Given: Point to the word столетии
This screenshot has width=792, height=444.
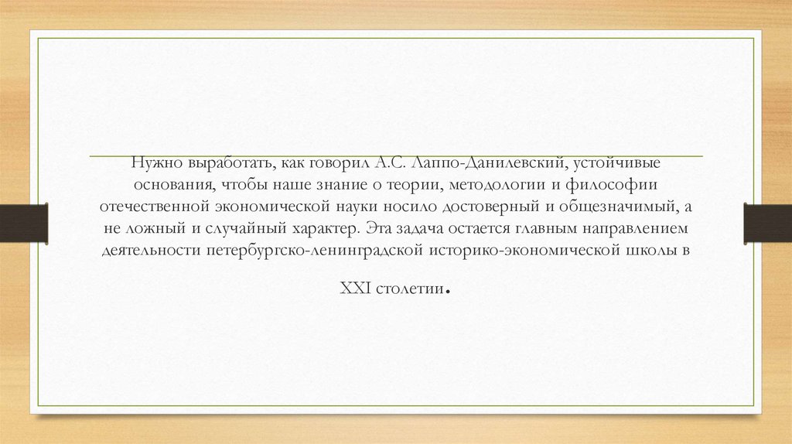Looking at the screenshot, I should coord(411,289).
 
